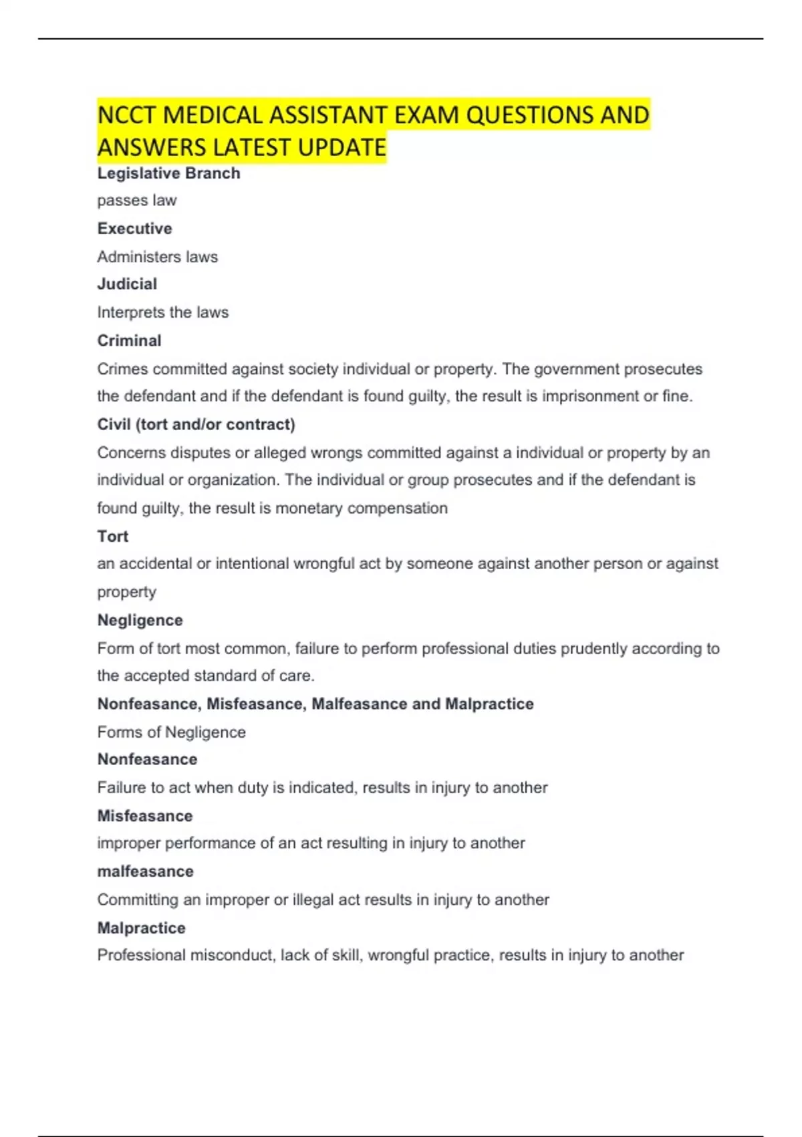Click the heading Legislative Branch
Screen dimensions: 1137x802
[x=168, y=173]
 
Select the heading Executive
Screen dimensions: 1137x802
[x=134, y=229]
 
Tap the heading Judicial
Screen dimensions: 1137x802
[x=127, y=284]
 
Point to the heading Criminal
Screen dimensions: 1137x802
[x=129, y=340]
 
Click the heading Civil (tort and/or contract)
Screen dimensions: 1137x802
[x=196, y=425]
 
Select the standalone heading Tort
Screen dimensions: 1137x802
[x=112, y=536]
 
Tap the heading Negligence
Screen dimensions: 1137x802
[x=140, y=620]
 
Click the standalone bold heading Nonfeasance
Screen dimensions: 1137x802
[x=147, y=760]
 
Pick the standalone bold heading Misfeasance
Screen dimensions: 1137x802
[x=144, y=816]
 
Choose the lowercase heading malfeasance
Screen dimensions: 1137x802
[x=145, y=871]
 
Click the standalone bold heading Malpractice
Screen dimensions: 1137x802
[x=141, y=928]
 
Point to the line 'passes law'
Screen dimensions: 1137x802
[x=136, y=201]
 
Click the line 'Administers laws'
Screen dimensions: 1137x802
[x=157, y=257]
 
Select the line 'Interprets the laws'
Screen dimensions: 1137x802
[x=162, y=312]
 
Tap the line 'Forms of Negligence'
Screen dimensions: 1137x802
[x=171, y=732]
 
